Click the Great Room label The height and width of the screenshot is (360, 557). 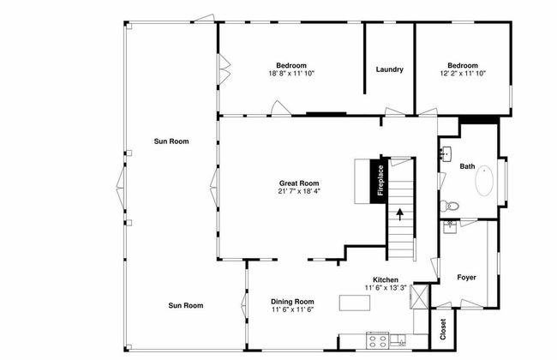pyautogui.click(x=299, y=183)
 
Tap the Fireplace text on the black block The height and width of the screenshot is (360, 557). pyautogui.click(x=380, y=181)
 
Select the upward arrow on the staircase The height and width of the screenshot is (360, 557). pyautogui.click(x=400, y=214)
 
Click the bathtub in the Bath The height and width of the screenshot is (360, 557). pyautogui.click(x=484, y=181)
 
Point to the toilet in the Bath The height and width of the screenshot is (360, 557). pyautogui.click(x=449, y=206)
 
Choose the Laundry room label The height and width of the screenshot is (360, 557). pyautogui.click(x=390, y=69)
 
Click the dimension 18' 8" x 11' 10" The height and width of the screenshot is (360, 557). pyautogui.click(x=291, y=74)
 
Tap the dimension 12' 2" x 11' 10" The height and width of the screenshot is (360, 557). pyautogui.click(x=463, y=74)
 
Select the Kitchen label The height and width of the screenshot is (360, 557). pyautogui.click(x=386, y=279)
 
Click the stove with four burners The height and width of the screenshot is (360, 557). pyautogui.click(x=378, y=340)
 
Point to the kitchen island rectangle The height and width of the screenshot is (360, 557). pyautogui.click(x=355, y=303)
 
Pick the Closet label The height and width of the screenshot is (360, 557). pyautogui.click(x=443, y=329)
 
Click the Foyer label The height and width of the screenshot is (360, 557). pyautogui.click(x=466, y=277)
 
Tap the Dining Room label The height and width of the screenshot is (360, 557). pyautogui.click(x=292, y=302)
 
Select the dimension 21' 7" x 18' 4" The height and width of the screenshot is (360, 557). pyautogui.click(x=299, y=191)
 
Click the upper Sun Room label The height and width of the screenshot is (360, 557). pyautogui.click(x=171, y=141)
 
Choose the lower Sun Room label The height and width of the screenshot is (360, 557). pyautogui.click(x=186, y=305)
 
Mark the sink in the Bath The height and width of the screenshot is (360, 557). pyautogui.click(x=446, y=153)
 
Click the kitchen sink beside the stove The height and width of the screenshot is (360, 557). pyautogui.click(x=398, y=340)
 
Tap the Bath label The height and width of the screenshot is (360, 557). pyautogui.click(x=467, y=166)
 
